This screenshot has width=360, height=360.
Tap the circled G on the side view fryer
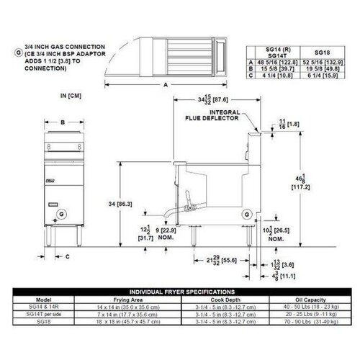[x=247, y=214]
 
